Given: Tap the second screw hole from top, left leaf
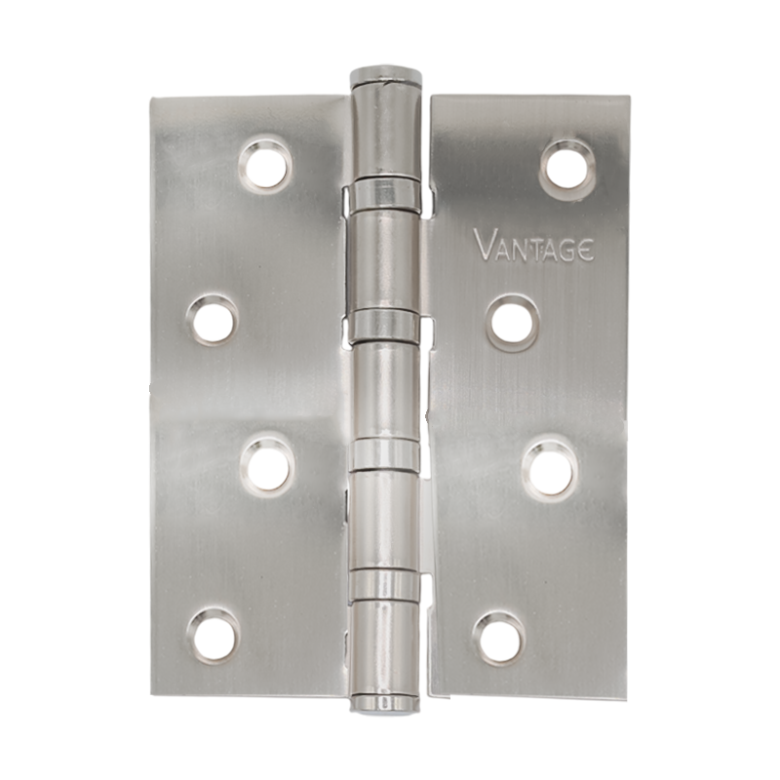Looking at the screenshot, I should point(212,319).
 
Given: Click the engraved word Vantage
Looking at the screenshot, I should point(530,245).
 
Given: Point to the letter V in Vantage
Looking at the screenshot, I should point(483,246).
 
